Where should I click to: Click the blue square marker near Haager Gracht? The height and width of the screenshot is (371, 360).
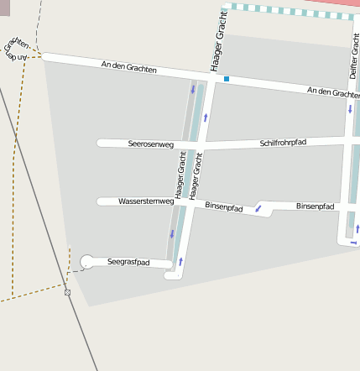226,79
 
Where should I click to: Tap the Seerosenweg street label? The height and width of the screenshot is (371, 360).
151,144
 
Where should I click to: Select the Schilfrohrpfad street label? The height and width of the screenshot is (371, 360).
283,143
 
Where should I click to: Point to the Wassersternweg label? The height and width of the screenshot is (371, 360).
146,201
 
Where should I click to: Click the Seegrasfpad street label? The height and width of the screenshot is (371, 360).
128,263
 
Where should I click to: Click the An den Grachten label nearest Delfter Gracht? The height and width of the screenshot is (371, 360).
333,92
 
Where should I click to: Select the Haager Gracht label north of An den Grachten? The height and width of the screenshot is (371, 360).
220,41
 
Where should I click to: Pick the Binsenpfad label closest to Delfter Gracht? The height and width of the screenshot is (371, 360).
315,206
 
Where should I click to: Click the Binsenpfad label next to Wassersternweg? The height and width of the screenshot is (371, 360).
223,206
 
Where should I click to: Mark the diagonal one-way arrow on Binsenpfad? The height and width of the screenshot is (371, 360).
258,207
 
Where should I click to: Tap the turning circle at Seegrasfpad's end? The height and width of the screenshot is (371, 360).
86,262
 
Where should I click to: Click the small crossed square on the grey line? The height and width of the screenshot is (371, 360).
67,292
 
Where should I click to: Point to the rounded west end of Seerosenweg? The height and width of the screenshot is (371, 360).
100,144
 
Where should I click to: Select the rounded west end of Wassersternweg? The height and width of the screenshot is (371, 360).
100,201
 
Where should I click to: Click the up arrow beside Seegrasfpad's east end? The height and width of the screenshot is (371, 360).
180,261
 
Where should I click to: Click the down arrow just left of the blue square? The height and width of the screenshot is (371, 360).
193,89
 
